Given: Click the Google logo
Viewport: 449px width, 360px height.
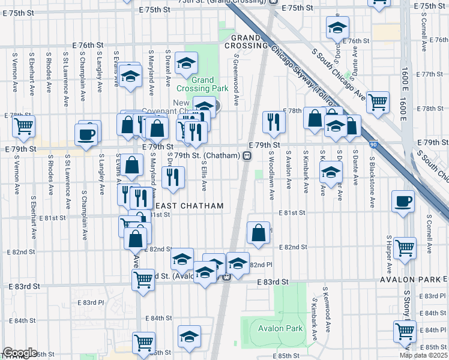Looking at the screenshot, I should coord(20,353).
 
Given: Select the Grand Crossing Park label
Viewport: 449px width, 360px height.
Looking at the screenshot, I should coord(210,84).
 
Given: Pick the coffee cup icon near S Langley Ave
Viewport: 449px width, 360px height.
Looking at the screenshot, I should coord(87,133).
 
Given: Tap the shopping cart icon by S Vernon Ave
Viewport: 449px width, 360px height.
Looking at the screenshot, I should coord(24,127).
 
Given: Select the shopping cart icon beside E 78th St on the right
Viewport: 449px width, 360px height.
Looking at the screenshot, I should coord(378,103).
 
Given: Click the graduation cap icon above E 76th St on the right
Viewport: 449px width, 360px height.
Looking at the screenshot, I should coord(337,27).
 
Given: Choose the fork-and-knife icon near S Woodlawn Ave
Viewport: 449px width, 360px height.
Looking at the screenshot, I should coord(274,122).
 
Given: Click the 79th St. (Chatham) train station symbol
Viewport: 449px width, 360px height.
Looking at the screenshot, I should coord(247,155).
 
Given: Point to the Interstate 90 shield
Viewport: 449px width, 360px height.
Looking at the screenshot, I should coord(373,145).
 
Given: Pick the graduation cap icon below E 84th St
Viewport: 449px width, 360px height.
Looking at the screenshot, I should coord(190,337).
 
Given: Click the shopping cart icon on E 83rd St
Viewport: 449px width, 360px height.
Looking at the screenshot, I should coord(143,278).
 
